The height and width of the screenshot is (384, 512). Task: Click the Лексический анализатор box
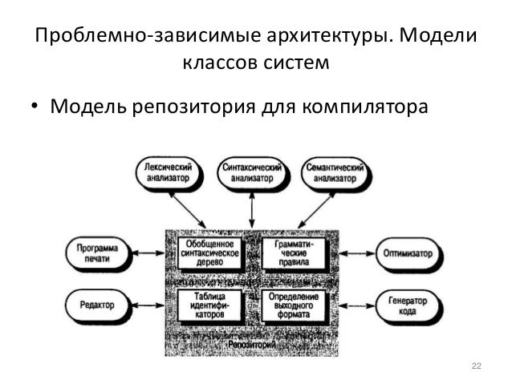tap(168, 173)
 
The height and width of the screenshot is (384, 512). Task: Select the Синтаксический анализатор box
tap(252, 173)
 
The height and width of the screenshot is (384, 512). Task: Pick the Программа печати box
tap(98, 254)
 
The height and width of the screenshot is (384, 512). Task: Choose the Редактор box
tap(98, 305)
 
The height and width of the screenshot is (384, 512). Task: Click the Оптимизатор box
tap(408, 254)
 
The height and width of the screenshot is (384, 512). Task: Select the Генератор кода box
tap(408, 305)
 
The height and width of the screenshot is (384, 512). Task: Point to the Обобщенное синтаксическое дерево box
tap(209, 253)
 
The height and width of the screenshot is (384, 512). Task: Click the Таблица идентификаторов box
tap(209, 305)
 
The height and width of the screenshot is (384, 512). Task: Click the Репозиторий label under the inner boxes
tap(252, 342)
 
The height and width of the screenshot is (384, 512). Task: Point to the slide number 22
tap(475, 366)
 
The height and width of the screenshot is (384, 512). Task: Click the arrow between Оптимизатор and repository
tap(358, 254)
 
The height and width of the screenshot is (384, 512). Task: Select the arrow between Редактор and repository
tap(147, 305)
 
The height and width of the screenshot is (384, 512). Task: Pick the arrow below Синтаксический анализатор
tap(252, 208)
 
